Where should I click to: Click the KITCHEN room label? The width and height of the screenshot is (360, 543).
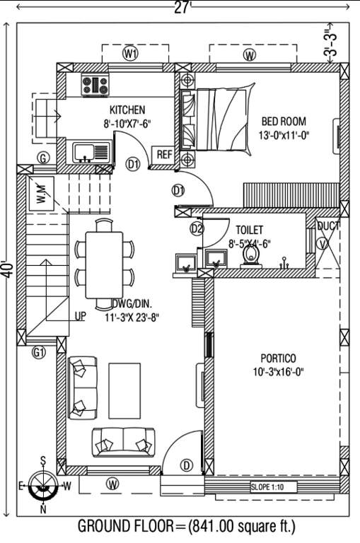click(x=127, y=110)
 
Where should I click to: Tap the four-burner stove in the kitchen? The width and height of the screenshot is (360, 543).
click(x=95, y=86)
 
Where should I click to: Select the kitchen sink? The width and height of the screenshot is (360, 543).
click(x=91, y=151)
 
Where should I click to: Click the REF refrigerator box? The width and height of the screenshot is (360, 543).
click(x=163, y=155)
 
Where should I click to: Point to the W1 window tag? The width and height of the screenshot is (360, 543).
click(x=130, y=54)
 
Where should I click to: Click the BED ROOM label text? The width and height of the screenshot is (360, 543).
click(x=284, y=122)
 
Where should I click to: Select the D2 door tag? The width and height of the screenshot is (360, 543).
click(x=197, y=228)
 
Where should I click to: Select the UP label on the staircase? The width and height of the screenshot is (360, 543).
click(x=81, y=317)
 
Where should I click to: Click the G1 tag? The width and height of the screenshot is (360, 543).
click(x=39, y=351)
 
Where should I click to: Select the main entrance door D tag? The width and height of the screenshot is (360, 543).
click(x=187, y=465)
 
